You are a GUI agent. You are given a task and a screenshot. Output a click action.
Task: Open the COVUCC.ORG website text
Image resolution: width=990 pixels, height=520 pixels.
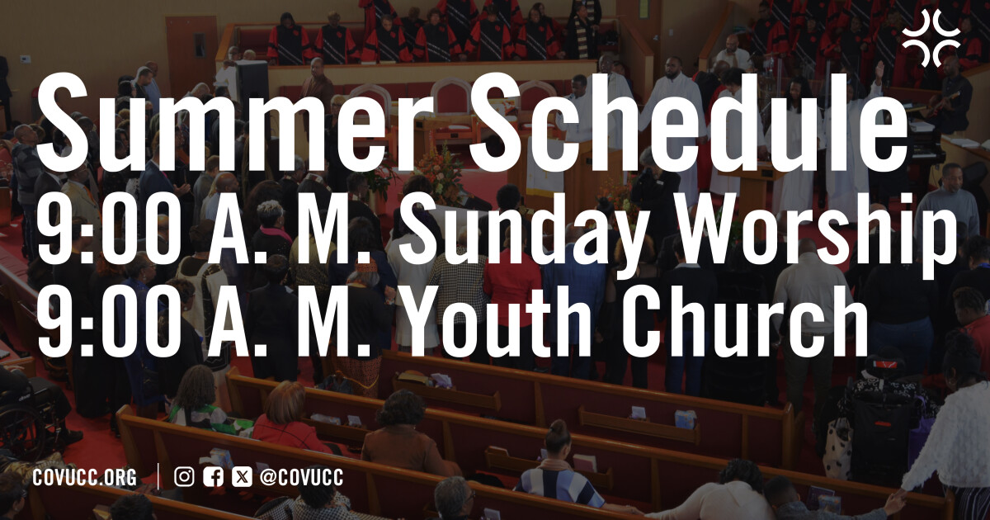click(x=84, y=477)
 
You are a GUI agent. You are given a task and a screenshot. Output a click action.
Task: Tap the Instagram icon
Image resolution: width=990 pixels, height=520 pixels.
click(x=185, y=477)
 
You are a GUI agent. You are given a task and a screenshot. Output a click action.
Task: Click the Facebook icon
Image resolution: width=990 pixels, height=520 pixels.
click(x=213, y=477)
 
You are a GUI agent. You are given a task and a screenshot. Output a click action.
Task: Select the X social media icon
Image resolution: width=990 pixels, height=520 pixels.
click(x=242, y=477)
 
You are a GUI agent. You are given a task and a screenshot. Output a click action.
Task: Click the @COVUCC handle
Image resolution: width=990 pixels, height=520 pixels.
click(x=301, y=477)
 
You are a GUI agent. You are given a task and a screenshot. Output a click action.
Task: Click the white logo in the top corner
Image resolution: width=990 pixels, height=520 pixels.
click(x=931, y=39)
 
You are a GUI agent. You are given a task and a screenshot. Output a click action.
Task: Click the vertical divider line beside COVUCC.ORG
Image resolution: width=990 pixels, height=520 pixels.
click(x=158, y=477)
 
